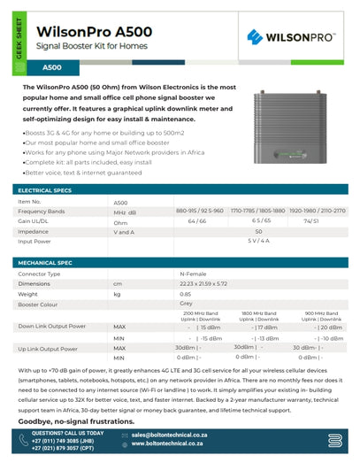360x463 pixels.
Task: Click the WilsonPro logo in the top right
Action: click(x=289, y=36)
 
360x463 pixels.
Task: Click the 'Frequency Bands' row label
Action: click(x=42, y=212)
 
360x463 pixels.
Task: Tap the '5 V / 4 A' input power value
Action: click(x=258, y=240)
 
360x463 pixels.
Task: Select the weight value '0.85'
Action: click(x=186, y=294)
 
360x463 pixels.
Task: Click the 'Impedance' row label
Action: click(x=34, y=231)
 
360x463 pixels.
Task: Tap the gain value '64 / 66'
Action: click(x=195, y=220)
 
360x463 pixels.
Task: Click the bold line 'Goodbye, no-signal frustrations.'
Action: click(x=72, y=423)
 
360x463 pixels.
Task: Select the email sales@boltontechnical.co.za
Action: click(x=170, y=436)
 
